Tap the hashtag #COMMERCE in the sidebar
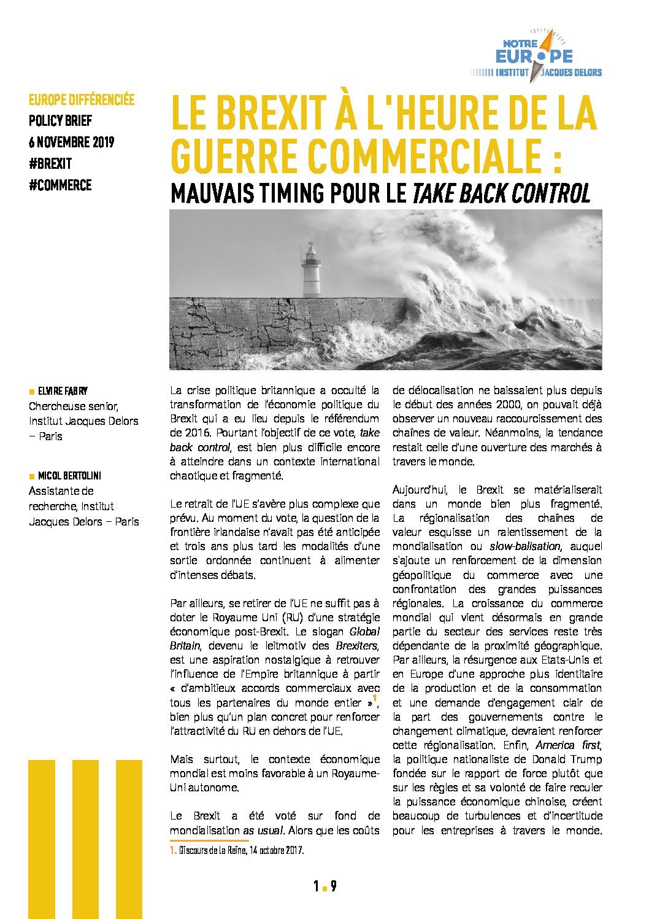60,185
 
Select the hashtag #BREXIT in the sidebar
50,164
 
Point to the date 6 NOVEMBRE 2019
71,142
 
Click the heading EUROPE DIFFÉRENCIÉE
82,99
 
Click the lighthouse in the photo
312,270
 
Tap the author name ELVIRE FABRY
63,391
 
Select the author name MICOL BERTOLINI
69,476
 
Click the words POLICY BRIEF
60,121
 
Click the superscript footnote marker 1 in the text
374,697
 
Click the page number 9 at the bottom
333,886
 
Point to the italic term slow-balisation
524,546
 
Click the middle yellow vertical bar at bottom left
85,839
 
